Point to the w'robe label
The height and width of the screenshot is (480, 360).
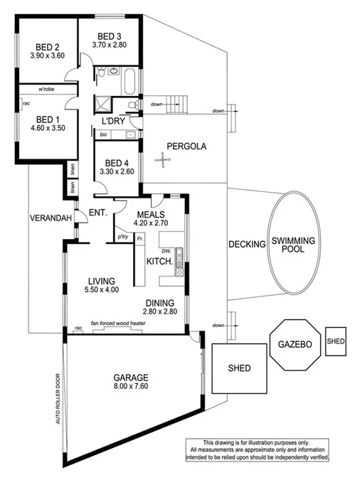(48, 90)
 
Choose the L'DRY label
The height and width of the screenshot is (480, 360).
(113, 122)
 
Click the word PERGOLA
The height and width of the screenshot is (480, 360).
(186, 147)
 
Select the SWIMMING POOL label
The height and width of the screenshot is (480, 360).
(290, 244)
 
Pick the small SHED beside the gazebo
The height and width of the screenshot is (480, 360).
(335, 341)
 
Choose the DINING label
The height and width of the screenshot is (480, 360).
(159, 302)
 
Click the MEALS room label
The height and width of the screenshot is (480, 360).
(151, 213)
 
